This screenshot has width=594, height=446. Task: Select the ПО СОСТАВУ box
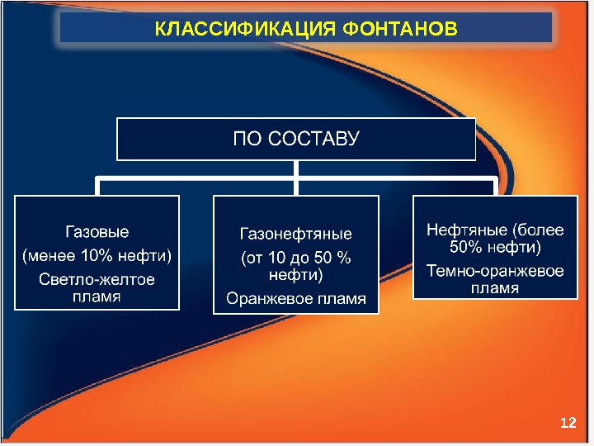pos(296,139)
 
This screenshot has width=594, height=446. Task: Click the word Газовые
pos(97,231)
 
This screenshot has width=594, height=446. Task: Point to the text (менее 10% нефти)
pos(97,254)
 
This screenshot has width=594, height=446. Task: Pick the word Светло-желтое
pos(97,279)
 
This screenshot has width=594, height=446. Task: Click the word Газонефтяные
pos(296,234)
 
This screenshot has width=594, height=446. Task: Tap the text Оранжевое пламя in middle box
pos(296,297)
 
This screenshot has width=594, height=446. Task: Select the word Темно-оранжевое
pos(495,271)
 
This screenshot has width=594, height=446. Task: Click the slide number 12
pos(567,423)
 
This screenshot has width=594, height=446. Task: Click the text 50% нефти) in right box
pos(495,246)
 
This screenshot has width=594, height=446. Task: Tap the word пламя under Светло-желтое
pos(97,296)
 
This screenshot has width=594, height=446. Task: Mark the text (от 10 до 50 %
pos(296,258)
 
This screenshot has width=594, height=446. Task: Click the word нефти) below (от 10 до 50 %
pos(296,274)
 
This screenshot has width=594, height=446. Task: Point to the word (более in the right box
pos(538,230)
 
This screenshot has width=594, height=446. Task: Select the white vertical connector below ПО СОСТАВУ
pos(296,168)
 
